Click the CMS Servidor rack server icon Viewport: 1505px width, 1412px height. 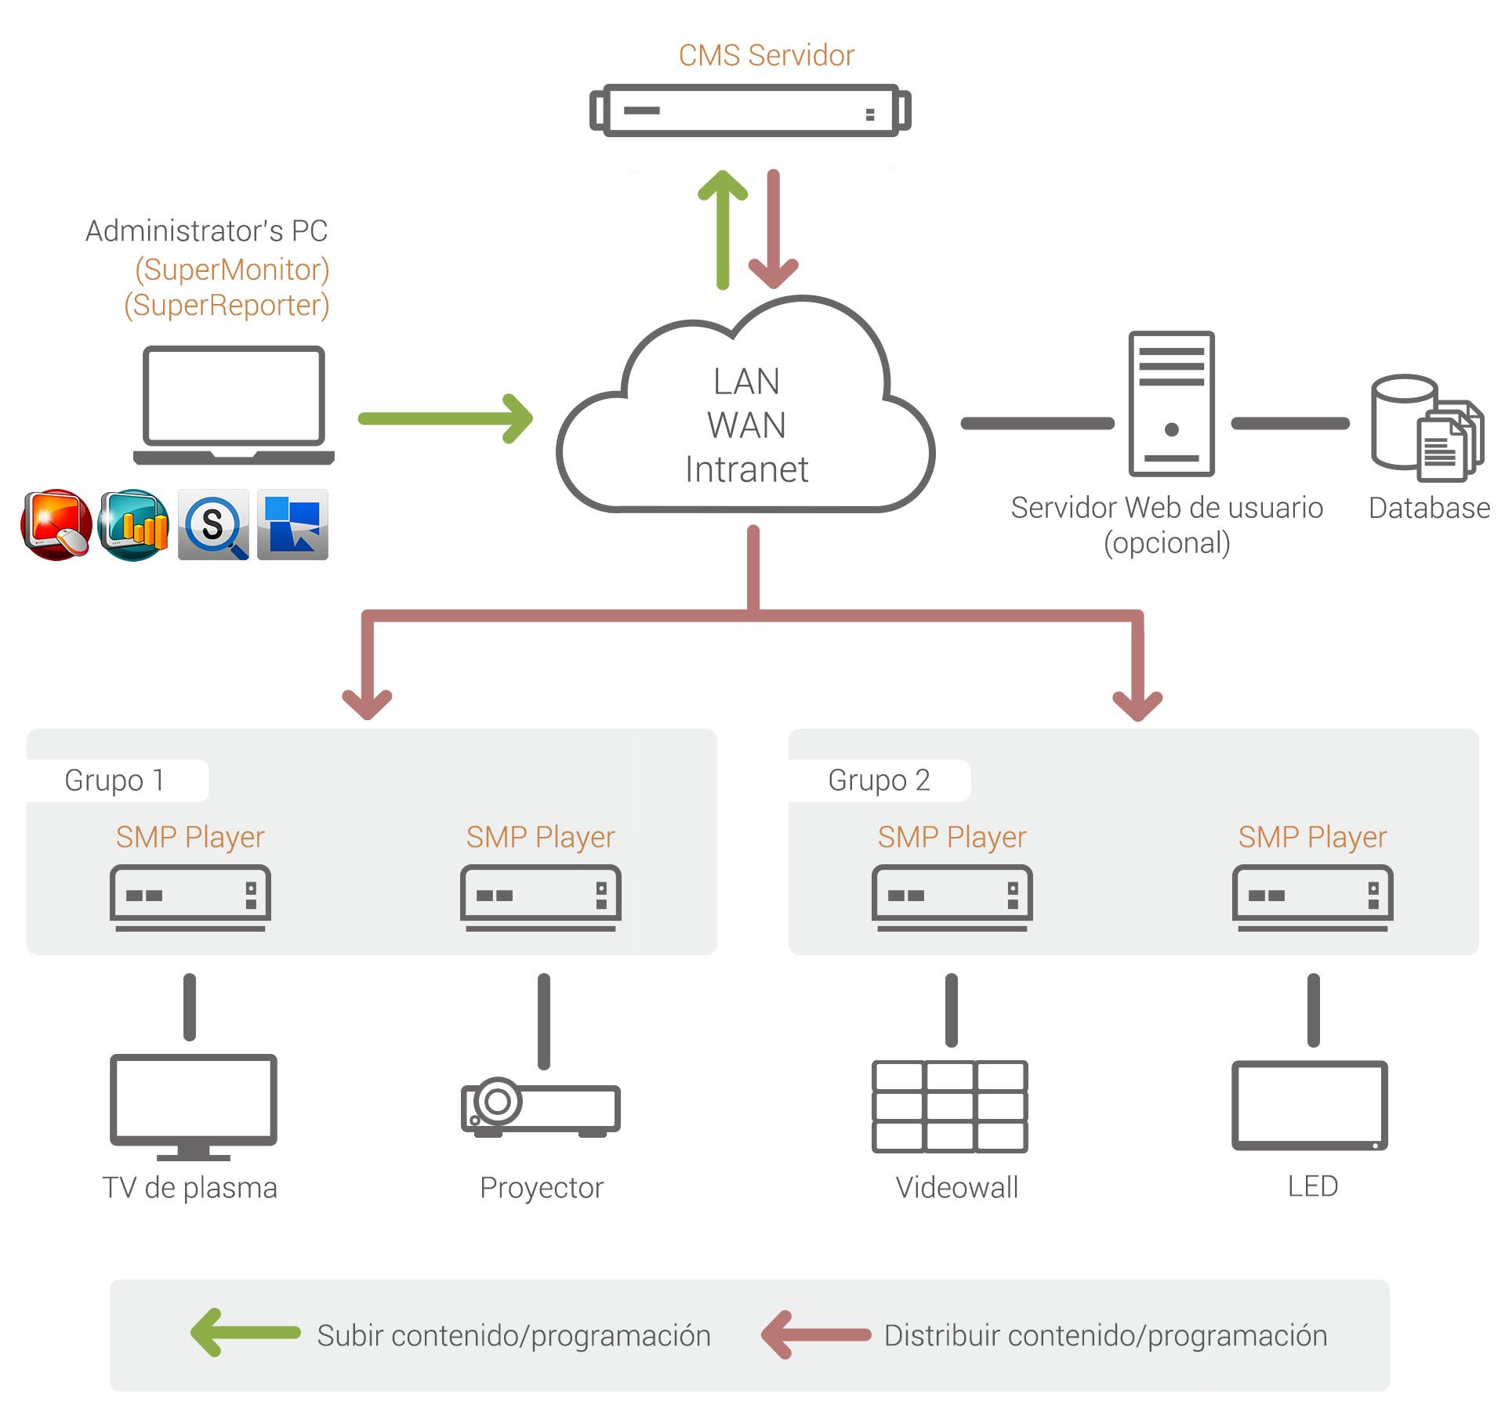point(749,110)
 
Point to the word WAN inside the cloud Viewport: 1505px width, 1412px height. point(746,425)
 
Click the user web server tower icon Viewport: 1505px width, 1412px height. point(1171,404)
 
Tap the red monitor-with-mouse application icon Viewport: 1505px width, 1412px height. point(56,524)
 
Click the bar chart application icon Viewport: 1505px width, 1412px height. point(134,524)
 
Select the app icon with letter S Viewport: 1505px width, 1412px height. point(213,524)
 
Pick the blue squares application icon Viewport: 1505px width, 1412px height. point(292,524)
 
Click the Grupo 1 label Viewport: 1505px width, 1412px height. point(114,780)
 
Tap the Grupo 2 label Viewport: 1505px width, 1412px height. point(879,780)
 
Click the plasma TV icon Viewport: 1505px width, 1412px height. point(193,1106)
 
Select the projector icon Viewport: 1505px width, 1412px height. point(541,1108)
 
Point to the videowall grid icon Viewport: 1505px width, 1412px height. point(949,1106)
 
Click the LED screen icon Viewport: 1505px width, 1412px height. point(1309,1105)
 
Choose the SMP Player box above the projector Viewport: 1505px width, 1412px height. point(540,896)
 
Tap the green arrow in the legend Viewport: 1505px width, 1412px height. point(245,1332)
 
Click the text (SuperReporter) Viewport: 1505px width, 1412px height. point(227,305)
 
